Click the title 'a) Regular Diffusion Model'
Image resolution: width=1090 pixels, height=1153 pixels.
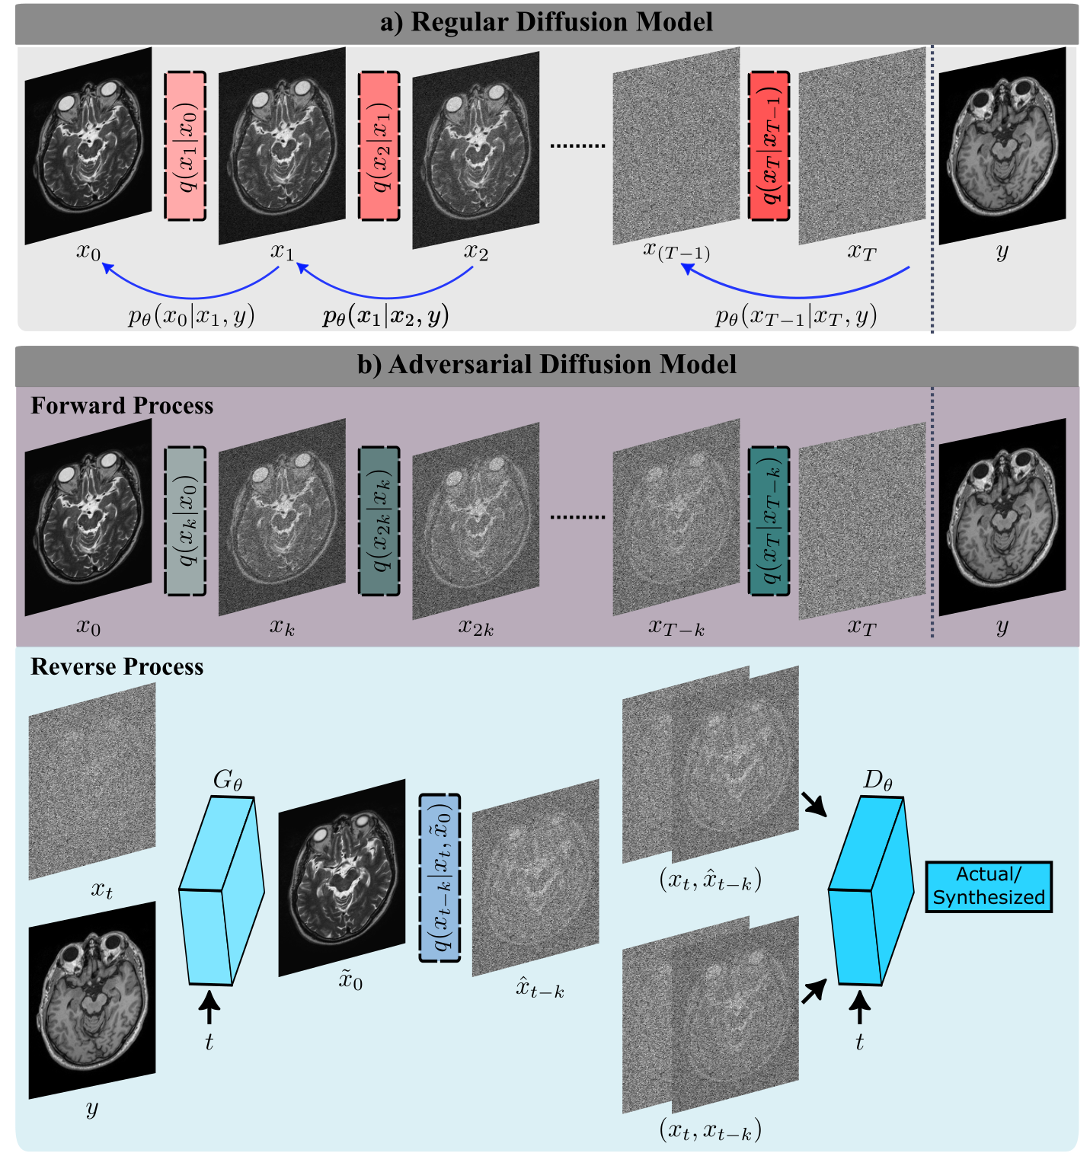coord(546,22)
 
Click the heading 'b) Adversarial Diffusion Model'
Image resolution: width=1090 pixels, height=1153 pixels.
coord(546,364)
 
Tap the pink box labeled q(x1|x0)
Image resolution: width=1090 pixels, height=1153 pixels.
coord(185,146)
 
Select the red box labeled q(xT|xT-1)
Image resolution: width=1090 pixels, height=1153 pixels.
coord(769,146)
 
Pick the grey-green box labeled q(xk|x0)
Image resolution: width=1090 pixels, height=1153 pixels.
coord(185,521)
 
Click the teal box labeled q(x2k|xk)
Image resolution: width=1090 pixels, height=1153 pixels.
coord(379,521)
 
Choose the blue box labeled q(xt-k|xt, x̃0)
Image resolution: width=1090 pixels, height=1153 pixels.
coord(440,878)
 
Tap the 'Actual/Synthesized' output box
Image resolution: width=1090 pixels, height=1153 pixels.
coord(988,886)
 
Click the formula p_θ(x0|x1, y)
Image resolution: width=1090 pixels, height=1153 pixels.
coord(191,316)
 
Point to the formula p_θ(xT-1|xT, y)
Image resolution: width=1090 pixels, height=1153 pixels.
coord(796,316)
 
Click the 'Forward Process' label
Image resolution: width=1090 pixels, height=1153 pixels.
coord(122,405)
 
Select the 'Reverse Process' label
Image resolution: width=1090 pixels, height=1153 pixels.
coord(117,666)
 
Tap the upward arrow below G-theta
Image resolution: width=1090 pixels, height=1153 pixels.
coord(209,1011)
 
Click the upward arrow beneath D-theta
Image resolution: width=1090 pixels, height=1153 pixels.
coord(859,1009)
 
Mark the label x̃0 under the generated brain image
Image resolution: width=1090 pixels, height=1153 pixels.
coord(350,981)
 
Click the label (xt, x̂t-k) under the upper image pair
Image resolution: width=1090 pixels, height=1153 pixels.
coord(710,880)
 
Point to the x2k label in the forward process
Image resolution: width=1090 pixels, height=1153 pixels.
coord(476,628)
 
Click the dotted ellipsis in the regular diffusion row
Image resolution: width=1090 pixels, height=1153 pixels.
coord(577,145)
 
